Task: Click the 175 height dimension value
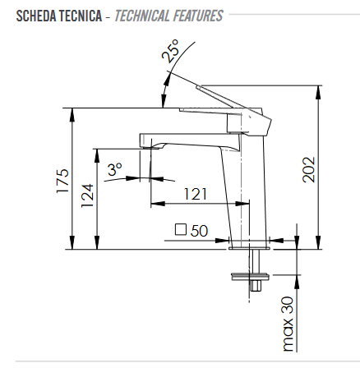[x=62, y=181]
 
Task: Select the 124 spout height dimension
[x=87, y=195]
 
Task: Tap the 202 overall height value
[x=309, y=170]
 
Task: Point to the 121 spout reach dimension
[x=195, y=194]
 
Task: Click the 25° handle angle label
[x=170, y=51]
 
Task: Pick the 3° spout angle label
[x=115, y=169]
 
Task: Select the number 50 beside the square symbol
[x=199, y=231]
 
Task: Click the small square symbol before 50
[x=181, y=229]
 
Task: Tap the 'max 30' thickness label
[x=288, y=324]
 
